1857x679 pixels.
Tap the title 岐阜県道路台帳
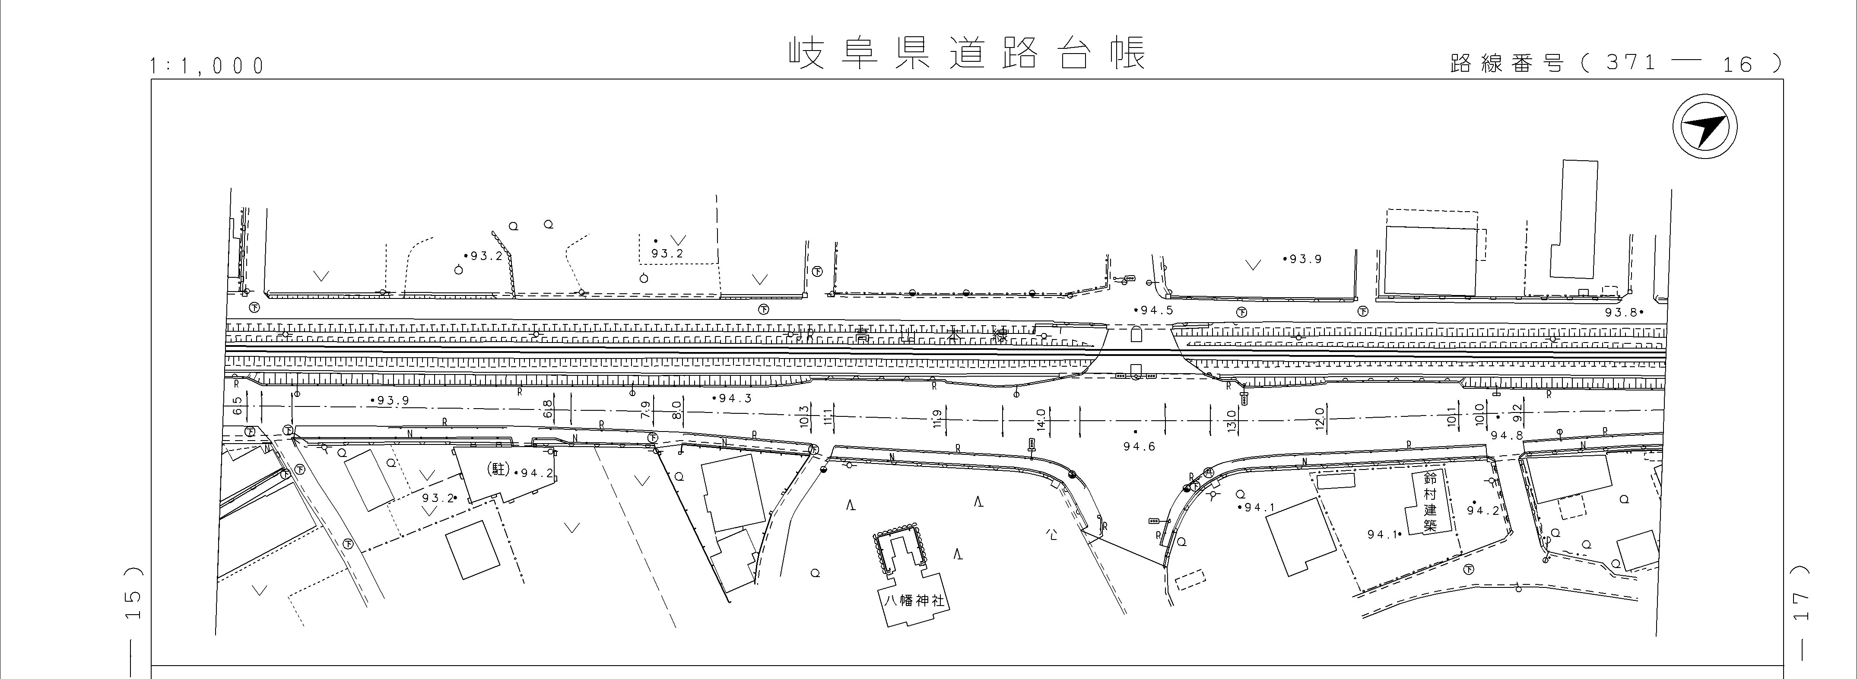click(966, 54)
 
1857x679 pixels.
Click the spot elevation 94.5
click(1155, 311)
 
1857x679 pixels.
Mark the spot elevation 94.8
click(1507, 435)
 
